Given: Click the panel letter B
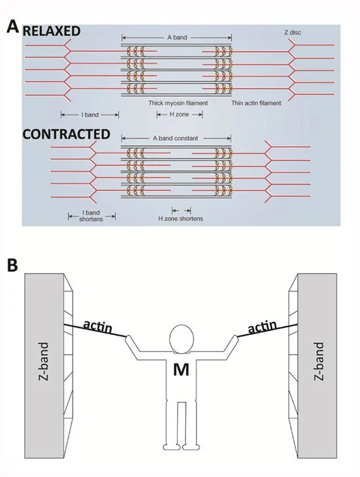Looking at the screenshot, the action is pos(12,265).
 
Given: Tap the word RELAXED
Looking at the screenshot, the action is pos(52,31).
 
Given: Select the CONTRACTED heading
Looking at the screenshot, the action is pos(66,134).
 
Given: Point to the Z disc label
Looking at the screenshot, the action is pos(293,32).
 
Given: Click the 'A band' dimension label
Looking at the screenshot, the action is pos(177,37).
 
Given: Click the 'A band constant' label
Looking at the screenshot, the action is pos(175,138).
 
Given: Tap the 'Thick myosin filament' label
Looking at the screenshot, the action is pos(178,103).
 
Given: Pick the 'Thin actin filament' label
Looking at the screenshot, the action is pos(256,103).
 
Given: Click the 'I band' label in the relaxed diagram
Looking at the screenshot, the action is pos(90,115).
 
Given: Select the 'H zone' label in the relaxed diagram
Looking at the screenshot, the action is pos(179,115).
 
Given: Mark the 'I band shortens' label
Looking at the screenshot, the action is pos(91,216).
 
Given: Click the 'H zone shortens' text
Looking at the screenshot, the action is pos(181,219).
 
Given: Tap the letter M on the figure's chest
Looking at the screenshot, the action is pos(181,370).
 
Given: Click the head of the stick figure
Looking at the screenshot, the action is pos(182,338).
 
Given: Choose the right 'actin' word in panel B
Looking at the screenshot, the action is pos(262,327).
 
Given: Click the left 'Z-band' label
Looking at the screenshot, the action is pos(44,361).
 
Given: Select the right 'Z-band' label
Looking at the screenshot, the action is pos(318,361).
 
